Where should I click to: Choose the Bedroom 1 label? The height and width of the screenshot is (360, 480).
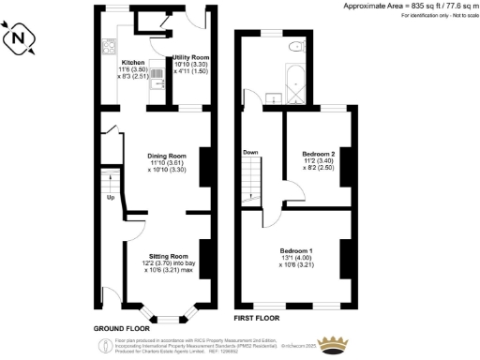coord(296,250)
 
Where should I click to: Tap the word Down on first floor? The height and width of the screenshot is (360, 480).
coord(250,152)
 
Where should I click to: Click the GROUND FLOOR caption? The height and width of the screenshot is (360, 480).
coord(124,328)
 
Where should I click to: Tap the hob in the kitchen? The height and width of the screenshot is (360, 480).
coord(107,48)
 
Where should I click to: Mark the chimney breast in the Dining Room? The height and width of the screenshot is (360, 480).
coord(203,160)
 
